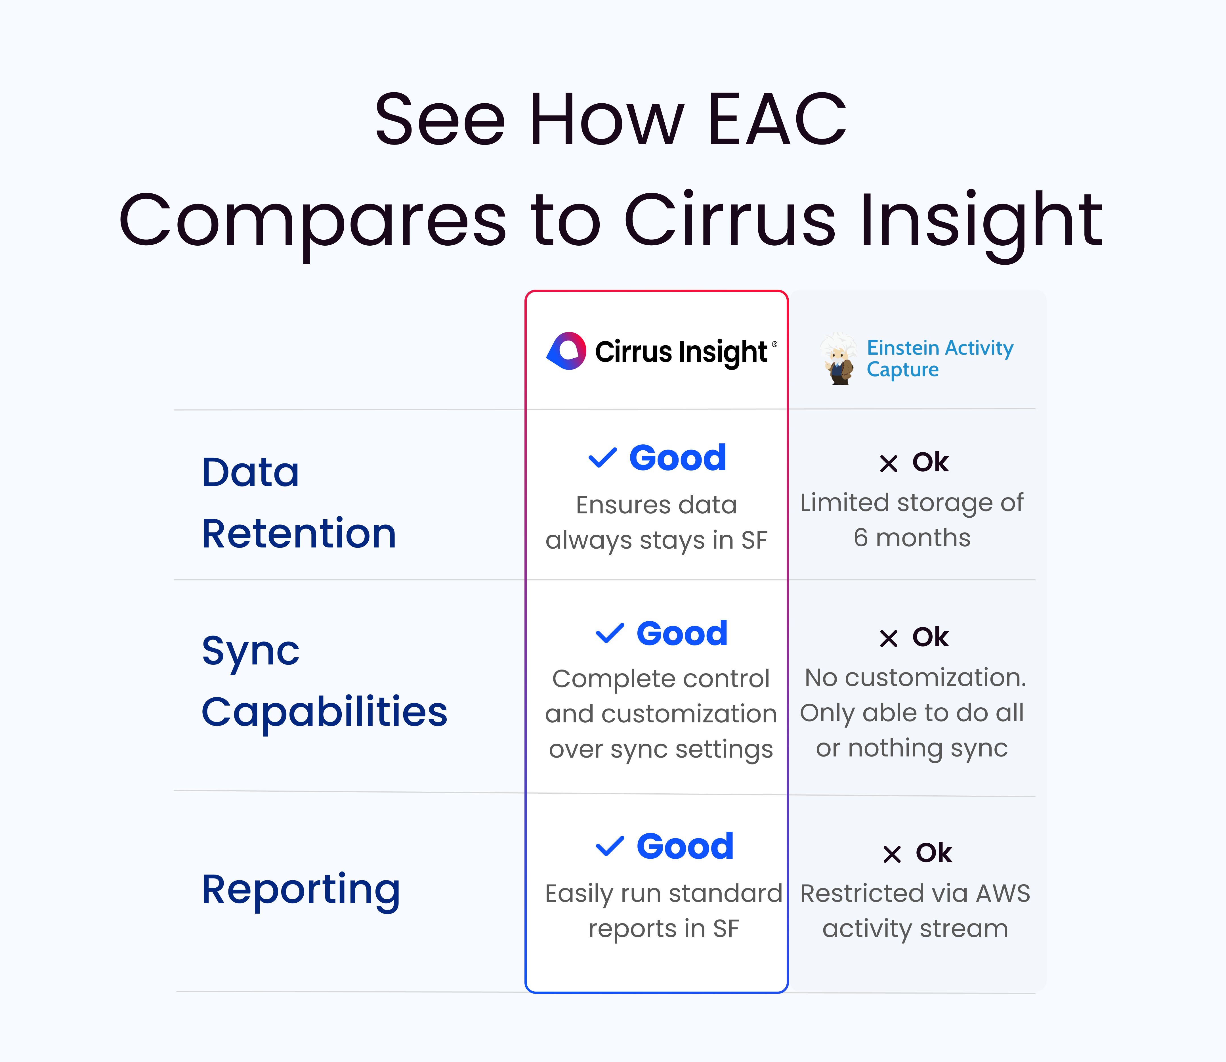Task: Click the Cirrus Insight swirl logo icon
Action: pos(566,351)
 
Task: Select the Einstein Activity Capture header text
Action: pos(939,358)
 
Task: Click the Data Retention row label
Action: pos(299,503)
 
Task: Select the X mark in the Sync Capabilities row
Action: pos(888,638)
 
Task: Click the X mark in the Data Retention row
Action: pos(888,463)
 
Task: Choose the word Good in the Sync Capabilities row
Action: pos(682,634)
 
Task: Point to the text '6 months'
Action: pos(912,538)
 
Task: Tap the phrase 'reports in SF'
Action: pos(663,929)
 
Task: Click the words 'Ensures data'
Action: pos(656,505)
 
